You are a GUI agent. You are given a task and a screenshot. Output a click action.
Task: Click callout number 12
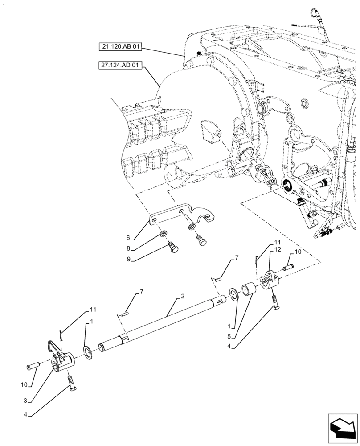click(x=278, y=250)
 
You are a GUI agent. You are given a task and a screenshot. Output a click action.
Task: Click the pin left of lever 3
click(x=33, y=366)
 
